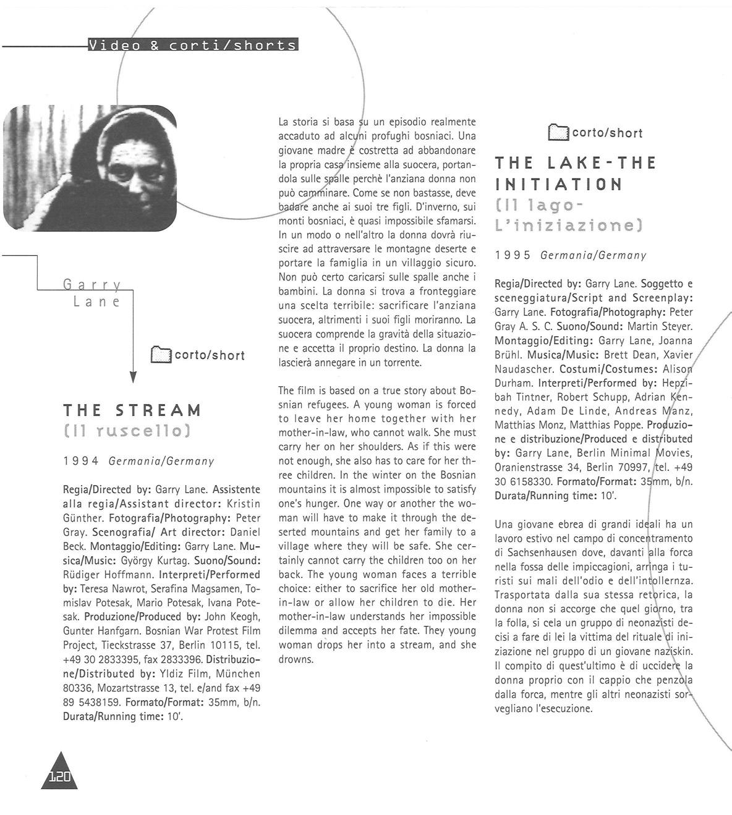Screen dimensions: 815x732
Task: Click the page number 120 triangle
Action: click(60, 774)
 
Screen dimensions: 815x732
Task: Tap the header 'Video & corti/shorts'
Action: click(193, 46)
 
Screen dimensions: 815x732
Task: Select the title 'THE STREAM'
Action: click(132, 410)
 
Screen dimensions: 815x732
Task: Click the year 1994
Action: click(81, 461)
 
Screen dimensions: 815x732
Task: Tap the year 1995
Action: click(513, 255)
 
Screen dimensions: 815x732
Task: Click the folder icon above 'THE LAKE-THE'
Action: click(558, 133)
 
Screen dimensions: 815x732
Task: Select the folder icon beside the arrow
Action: click(161, 355)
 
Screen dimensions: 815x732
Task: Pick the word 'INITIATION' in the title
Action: click(558, 185)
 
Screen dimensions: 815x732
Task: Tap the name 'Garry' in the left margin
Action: click(92, 285)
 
